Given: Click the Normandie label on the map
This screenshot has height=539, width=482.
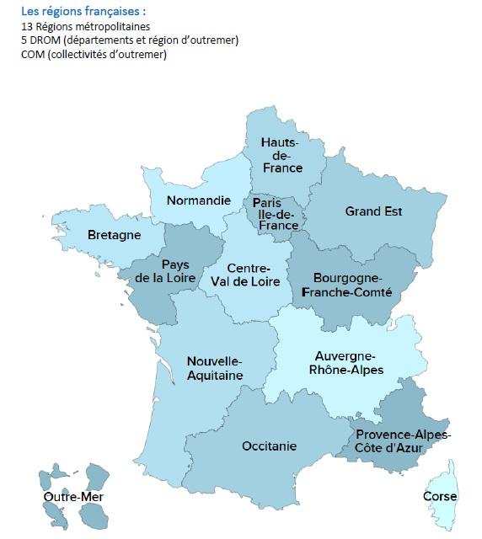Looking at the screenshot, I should pyautogui.click(x=198, y=200).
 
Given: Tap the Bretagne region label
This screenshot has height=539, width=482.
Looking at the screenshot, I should pyautogui.click(x=114, y=236).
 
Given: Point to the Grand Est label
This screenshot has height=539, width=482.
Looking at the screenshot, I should pyautogui.click(x=374, y=211).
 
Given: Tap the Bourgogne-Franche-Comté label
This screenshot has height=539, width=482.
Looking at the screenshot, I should pyautogui.click(x=347, y=285).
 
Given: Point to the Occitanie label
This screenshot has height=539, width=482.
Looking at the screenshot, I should pyautogui.click(x=269, y=446).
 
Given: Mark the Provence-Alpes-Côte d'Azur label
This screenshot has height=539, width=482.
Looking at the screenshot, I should pyautogui.click(x=403, y=441).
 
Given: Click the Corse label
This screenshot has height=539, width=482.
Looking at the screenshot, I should pyautogui.click(x=439, y=497).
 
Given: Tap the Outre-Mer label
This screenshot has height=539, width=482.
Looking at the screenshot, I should pyautogui.click(x=72, y=497).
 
